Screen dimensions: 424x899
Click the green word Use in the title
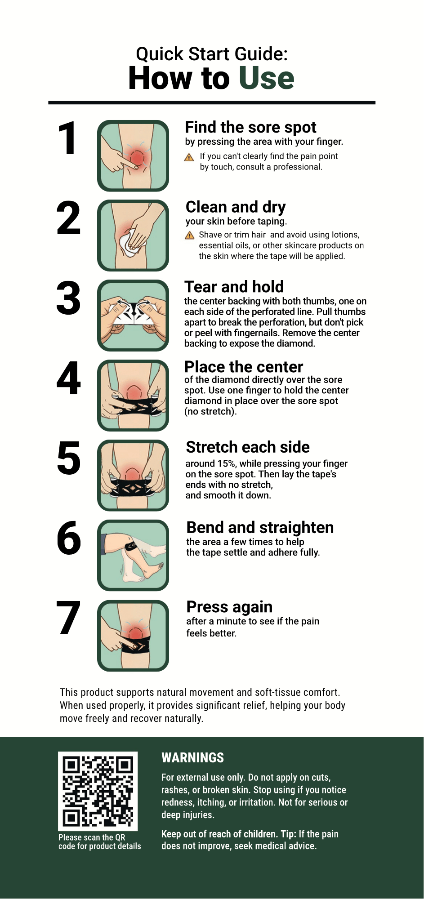coord(267,78)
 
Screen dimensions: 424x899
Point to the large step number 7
coord(69,618)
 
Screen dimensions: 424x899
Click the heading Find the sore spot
coord(250,127)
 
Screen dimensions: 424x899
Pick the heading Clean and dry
coord(236,207)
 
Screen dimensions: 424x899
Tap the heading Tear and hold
coord(234,287)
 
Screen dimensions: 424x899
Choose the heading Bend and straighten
coord(260,527)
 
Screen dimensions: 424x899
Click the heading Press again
coord(229,607)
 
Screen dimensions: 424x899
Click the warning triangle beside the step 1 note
coord(189,157)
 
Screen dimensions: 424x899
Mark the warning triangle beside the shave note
coord(190,235)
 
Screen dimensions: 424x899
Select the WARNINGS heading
coord(192,758)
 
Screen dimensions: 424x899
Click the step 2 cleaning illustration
coord(133,236)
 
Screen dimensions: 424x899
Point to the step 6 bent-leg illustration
coord(133,555)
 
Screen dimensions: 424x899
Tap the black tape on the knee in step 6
coord(131,547)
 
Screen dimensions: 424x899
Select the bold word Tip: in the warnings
coord(289,834)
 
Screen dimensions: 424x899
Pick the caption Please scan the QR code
coord(99,842)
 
